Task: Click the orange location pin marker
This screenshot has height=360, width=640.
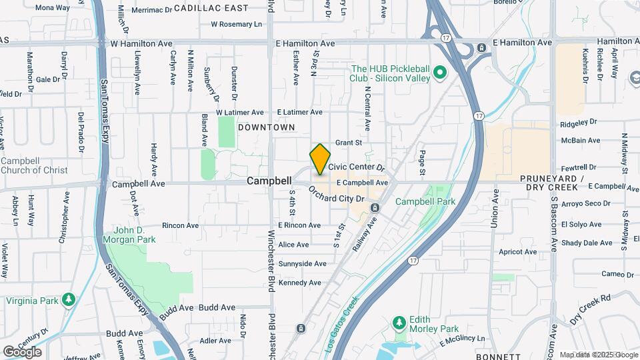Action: (x=321, y=159)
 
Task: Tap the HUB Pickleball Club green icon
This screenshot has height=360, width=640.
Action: (x=439, y=72)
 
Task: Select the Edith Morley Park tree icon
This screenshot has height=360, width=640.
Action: (x=399, y=323)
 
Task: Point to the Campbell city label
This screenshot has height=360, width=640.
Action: (x=269, y=181)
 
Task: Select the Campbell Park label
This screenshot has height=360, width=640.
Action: (x=425, y=201)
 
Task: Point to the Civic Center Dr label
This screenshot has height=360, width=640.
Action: (x=357, y=167)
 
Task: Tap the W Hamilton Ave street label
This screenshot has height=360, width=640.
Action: (x=141, y=43)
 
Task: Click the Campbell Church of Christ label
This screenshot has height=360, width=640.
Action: (x=35, y=165)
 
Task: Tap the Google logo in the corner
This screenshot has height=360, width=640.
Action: (x=22, y=351)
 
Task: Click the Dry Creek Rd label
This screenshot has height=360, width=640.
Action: (x=591, y=309)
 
